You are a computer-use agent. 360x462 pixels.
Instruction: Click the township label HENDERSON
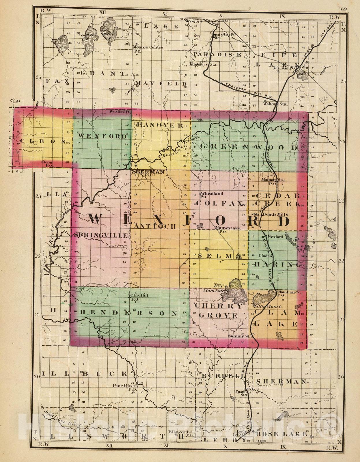click(x=128, y=313)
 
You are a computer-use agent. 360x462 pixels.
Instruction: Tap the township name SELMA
click(x=220, y=256)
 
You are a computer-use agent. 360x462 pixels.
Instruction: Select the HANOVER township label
click(x=159, y=125)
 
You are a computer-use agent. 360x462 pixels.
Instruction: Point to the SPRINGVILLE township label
click(x=101, y=235)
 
